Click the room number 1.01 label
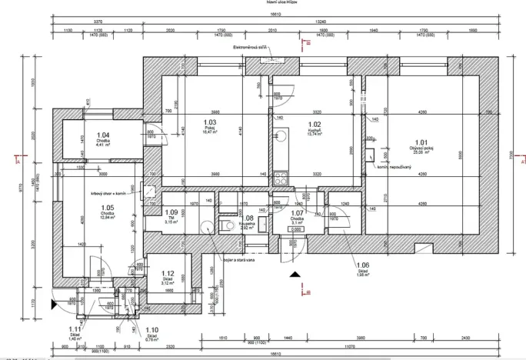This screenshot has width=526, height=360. pyautogui.click(x=420, y=143)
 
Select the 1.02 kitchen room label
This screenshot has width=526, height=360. pyautogui.click(x=314, y=123)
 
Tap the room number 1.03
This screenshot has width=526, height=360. pyautogui.click(x=209, y=122)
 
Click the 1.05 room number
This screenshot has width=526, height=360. pyautogui.click(x=107, y=208)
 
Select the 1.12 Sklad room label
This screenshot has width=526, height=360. pyautogui.click(x=168, y=274)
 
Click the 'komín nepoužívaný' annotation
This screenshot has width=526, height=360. pyautogui.click(x=393, y=166)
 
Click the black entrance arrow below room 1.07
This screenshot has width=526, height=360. pyautogui.click(x=292, y=272)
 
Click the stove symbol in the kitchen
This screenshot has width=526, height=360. pyautogui.click(x=281, y=177)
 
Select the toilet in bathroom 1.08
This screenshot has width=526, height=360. pyautogui.click(x=226, y=225)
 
